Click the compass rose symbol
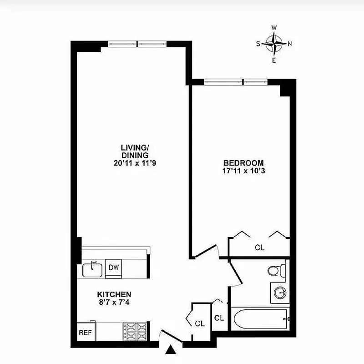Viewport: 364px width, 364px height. (x=274, y=44)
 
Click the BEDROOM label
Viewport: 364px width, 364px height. (x=243, y=163)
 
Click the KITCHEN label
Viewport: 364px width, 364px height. (x=114, y=294)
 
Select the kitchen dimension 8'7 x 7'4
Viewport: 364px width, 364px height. (x=114, y=302)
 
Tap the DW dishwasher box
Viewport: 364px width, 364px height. (x=113, y=268)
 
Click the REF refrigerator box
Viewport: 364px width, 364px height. (x=86, y=333)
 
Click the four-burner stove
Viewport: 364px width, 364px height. (x=134, y=332)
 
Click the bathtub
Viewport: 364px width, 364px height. (x=260, y=319)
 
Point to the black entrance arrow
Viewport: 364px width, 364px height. (x=171, y=350)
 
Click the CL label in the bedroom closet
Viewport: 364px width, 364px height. (x=259, y=248)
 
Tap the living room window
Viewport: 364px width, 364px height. (x=137, y=44)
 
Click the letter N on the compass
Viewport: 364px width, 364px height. (x=290, y=44)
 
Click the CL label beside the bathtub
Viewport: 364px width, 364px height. (x=219, y=318)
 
